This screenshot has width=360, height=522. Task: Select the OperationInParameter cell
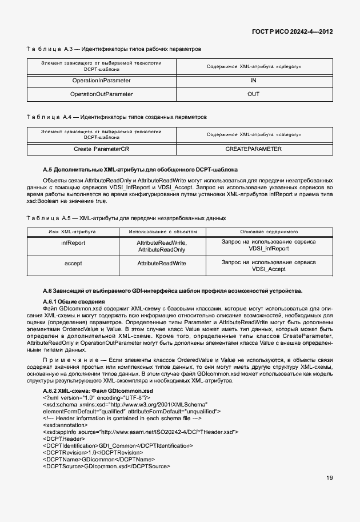[101, 81]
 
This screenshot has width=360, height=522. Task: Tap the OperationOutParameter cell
[101, 94]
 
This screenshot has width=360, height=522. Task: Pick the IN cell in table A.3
[254, 81]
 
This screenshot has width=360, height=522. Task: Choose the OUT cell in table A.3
[254, 94]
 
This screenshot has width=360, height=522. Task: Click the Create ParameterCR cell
[101, 149]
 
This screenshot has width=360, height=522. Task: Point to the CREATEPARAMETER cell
[254, 149]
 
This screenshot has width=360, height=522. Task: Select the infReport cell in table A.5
[73, 242]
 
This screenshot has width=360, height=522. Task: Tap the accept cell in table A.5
[73, 263]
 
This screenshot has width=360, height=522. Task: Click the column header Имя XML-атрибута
[73, 232]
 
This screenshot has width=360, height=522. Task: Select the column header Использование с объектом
[162, 232]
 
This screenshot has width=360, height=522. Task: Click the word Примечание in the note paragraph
[67, 358]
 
